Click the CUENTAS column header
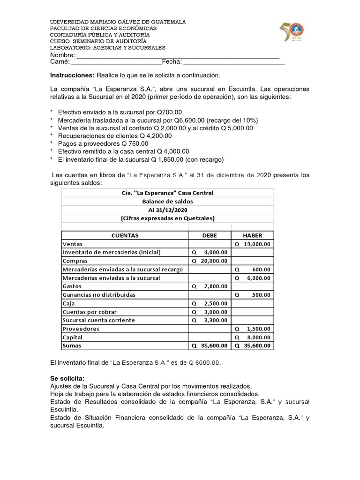[x=125, y=235]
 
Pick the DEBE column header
[x=210, y=235]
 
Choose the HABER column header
[x=252, y=235]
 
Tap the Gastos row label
[x=72, y=286]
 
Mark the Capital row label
[x=72, y=337]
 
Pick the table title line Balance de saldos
[x=167, y=201]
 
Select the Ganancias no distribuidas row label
[x=98, y=295]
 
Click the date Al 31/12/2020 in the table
[x=167, y=210]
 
